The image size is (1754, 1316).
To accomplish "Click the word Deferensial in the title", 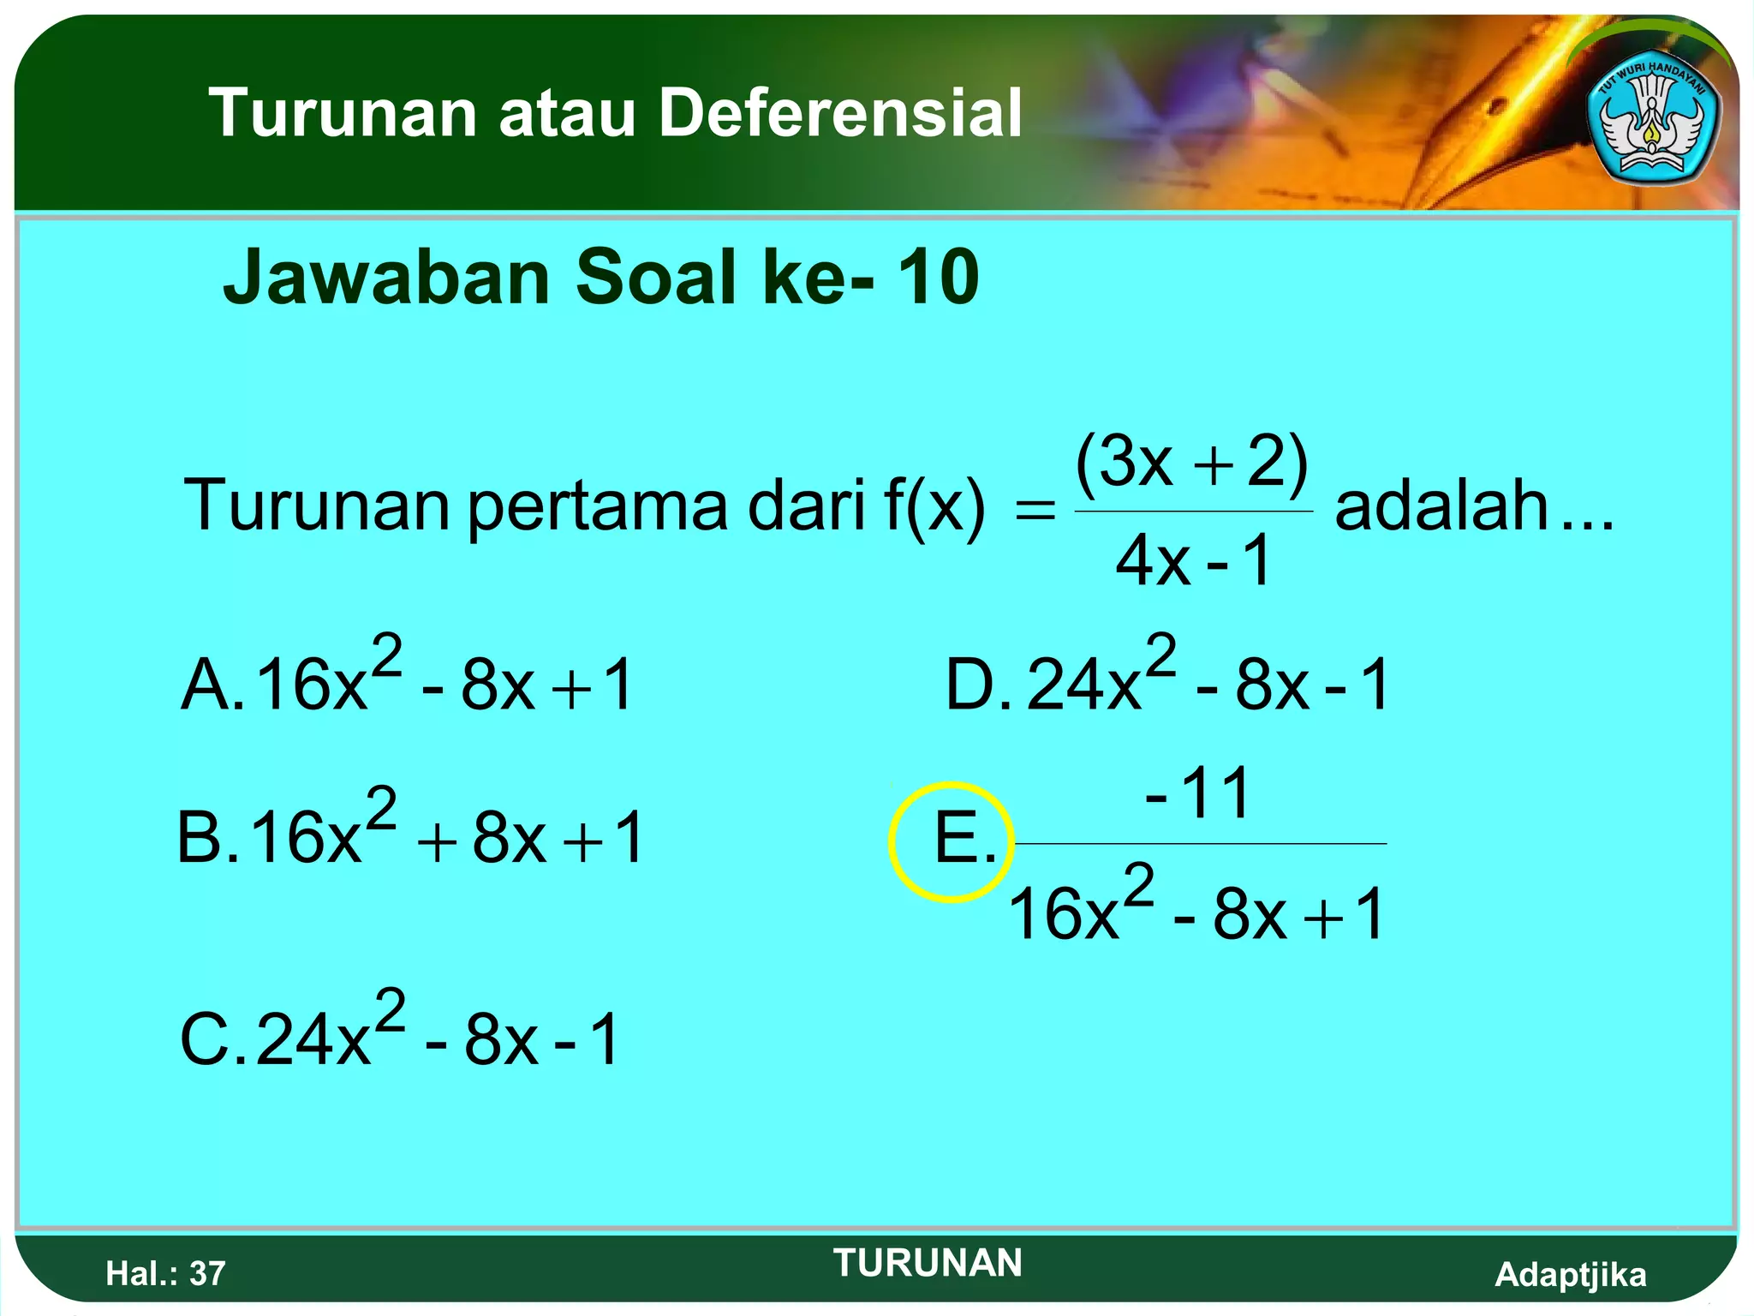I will tap(840, 113).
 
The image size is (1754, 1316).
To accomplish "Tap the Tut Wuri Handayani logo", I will tap(1652, 122).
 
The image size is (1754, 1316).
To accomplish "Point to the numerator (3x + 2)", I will tap(1192, 463).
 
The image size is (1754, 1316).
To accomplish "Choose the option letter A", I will tap(206, 685).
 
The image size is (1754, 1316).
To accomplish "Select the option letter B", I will tap(201, 838).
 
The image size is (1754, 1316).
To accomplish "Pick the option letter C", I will tap(206, 1040).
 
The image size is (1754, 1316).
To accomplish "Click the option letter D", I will tap(971, 685).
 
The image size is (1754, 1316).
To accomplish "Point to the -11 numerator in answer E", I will tap(1199, 793).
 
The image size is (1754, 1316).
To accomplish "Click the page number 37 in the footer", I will tap(207, 1274).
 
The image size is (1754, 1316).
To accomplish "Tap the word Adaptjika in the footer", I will tap(1570, 1275).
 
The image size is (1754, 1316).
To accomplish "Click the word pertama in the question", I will tap(598, 507).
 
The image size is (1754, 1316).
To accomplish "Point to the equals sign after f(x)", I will tap(1035, 511).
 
